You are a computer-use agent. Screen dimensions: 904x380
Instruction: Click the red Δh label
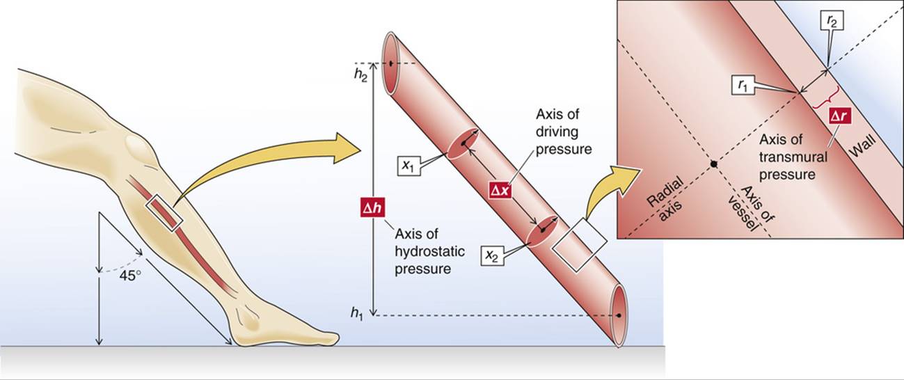point(373,209)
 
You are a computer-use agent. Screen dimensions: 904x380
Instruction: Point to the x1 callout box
point(409,165)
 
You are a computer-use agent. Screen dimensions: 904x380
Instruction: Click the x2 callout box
point(492,255)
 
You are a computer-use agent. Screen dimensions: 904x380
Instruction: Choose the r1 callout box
point(743,86)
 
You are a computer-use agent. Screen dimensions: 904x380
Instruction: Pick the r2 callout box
point(832,21)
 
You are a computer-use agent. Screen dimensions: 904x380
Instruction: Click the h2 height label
point(359,75)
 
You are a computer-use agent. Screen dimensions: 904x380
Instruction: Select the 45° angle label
point(130,276)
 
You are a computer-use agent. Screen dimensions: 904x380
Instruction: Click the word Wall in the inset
point(862,146)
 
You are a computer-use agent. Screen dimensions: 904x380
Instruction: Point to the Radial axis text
point(665,199)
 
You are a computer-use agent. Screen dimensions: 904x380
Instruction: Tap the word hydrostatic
point(429,251)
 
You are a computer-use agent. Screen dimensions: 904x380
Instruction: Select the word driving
point(557,132)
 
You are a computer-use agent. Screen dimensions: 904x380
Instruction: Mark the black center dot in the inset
point(714,164)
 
